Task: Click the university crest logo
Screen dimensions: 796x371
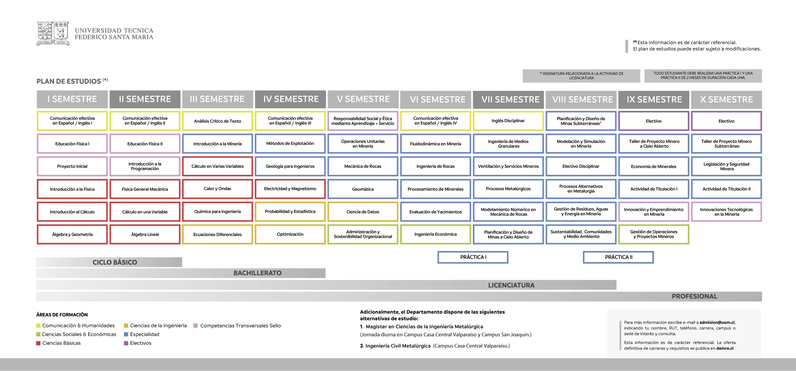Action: (x=53, y=33)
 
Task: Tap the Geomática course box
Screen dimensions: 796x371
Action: (x=363, y=189)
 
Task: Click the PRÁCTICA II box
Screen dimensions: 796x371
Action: (x=618, y=257)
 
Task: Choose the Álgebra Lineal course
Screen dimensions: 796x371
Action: (x=145, y=234)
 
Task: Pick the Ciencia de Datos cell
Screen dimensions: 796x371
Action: (x=363, y=212)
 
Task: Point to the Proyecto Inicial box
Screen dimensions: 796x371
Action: (x=72, y=166)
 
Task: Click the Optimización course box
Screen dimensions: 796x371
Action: (x=290, y=234)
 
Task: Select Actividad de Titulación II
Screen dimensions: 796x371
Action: (x=726, y=189)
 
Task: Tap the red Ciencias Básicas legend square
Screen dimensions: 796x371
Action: (x=38, y=343)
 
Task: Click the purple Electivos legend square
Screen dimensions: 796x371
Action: (x=126, y=343)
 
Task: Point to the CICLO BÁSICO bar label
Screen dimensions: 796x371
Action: (x=115, y=262)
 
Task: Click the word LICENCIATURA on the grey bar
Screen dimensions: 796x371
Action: (x=511, y=285)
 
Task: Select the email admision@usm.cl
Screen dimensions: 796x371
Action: (x=717, y=322)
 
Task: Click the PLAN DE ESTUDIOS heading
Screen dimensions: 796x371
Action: (x=68, y=82)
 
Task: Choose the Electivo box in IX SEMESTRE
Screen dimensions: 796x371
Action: (x=654, y=121)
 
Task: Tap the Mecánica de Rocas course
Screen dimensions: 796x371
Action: (x=363, y=166)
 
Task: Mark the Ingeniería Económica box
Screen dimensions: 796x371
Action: (x=435, y=234)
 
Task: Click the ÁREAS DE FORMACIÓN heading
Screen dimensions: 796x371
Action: (x=62, y=315)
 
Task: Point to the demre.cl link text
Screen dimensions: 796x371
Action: (x=725, y=348)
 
